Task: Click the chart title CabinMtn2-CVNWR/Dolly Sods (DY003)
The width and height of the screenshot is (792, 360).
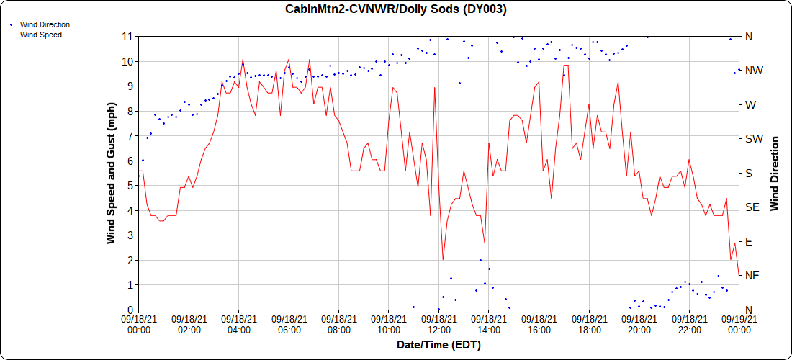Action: point(395,9)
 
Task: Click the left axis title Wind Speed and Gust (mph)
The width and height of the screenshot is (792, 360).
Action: point(111,173)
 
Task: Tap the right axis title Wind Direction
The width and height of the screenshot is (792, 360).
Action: point(775,173)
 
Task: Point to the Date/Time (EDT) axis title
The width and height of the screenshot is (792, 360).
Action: point(438,345)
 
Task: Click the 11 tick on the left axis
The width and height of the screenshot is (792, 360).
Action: point(127,36)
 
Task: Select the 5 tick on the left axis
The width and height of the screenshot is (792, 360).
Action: point(129,185)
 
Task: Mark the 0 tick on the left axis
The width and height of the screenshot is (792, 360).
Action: point(129,310)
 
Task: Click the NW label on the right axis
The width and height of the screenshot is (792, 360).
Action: point(753,71)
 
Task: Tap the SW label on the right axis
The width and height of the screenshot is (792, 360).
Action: point(753,139)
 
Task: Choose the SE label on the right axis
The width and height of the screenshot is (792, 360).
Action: point(752,207)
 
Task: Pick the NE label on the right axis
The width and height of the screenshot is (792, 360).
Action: point(752,276)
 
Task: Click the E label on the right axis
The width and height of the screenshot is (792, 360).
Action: point(748,241)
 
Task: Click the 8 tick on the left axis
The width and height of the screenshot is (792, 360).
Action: point(129,111)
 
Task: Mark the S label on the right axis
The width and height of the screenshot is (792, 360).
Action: point(748,173)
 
